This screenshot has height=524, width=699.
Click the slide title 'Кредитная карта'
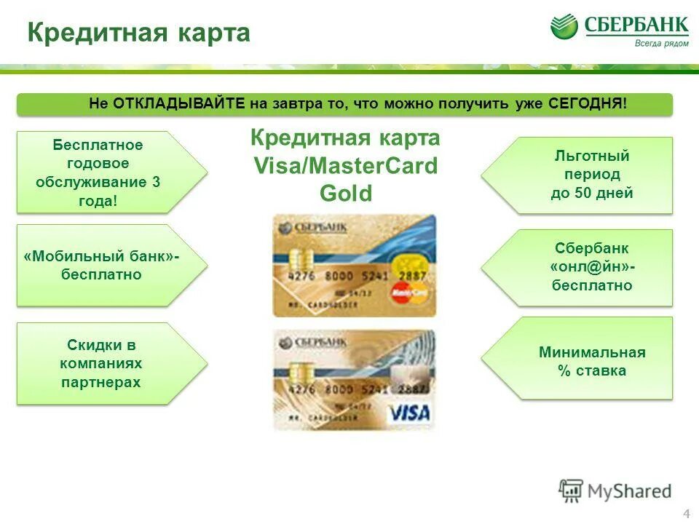click(x=138, y=33)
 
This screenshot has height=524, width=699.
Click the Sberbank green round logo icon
click(x=564, y=27)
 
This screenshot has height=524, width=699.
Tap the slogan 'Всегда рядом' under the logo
click(x=660, y=44)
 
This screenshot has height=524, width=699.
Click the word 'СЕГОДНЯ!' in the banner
click(x=588, y=104)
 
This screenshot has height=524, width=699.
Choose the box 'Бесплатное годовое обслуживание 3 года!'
click(x=98, y=172)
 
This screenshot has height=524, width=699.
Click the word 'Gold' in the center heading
click(x=345, y=194)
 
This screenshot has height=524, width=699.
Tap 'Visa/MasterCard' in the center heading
click(x=345, y=166)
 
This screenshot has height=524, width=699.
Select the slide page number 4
click(x=686, y=514)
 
